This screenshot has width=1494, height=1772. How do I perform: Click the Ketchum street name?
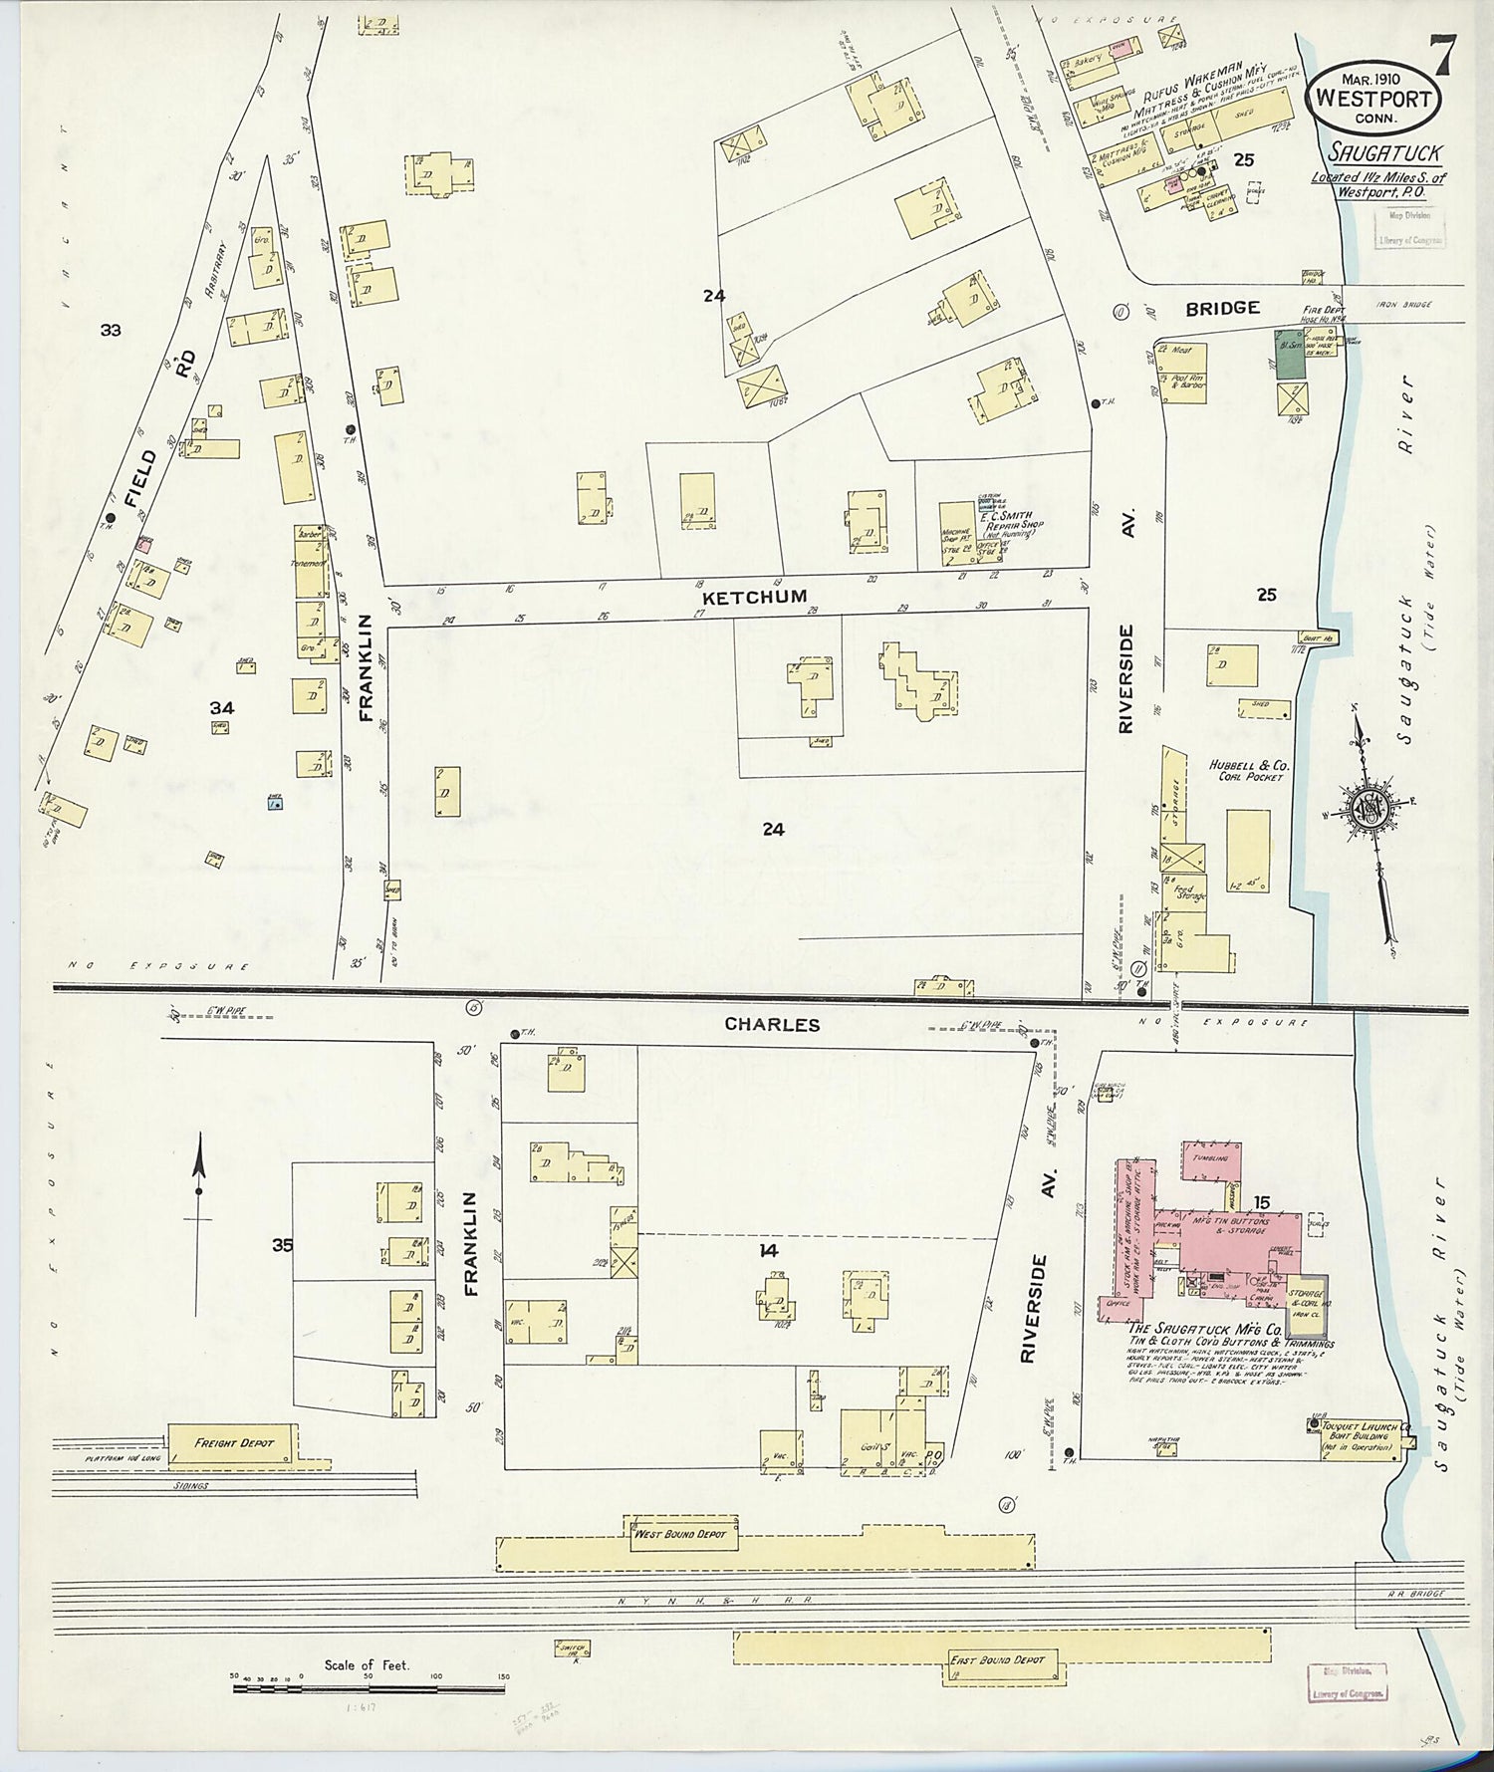738,598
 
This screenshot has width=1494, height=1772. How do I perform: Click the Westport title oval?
1373,101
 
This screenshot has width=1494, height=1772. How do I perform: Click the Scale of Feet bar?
369,1688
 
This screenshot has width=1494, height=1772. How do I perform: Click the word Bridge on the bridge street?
1222,309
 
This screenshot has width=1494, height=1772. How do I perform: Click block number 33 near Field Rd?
110,330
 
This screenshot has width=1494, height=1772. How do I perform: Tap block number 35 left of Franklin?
284,1244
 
